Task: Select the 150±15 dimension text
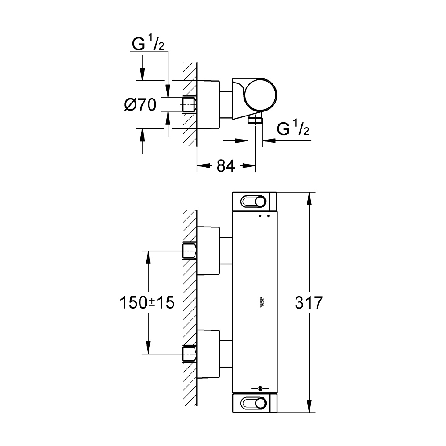point(147,303)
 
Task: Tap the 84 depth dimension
point(226,166)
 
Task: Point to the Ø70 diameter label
point(140,105)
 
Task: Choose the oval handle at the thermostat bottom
point(254,404)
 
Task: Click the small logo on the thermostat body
point(260,303)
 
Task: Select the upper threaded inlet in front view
point(190,251)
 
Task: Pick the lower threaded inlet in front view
point(190,354)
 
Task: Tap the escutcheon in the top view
point(209,104)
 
